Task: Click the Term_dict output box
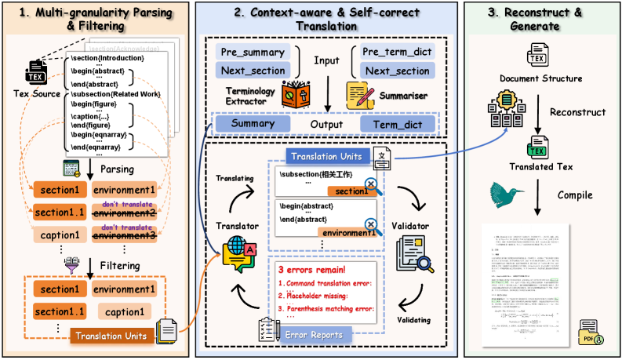click(x=397, y=123)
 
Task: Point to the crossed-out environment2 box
click(x=123, y=213)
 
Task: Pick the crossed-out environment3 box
click(x=123, y=234)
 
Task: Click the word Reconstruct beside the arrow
click(x=577, y=112)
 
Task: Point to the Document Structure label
click(x=540, y=78)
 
